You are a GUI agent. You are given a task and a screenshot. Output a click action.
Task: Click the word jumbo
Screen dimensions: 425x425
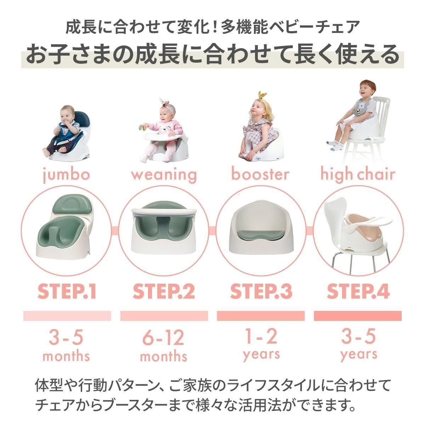(x=66, y=174)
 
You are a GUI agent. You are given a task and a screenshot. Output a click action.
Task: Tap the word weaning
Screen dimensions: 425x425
(x=164, y=175)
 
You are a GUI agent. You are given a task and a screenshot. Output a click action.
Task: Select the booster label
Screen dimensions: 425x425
(x=260, y=174)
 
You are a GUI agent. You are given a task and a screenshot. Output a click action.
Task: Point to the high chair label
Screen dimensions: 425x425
(x=357, y=174)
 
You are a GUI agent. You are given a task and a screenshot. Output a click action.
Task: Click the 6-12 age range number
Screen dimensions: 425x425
(x=163, y=338)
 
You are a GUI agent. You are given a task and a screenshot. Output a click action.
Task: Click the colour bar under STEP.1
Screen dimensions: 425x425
(x=67, y=316)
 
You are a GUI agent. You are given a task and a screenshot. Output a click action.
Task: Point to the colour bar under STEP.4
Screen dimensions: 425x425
(x=358, y=316)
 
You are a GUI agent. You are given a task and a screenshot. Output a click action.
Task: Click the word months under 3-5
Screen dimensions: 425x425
(x=66, y=356)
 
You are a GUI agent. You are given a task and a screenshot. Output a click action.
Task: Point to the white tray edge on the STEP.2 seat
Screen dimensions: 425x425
(x=164, y=212)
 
